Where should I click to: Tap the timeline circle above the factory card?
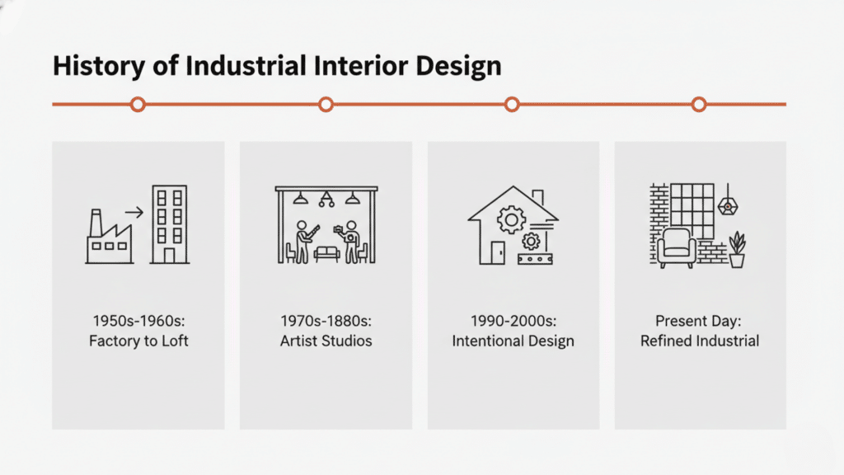pyautogui.click(x=138, y=105)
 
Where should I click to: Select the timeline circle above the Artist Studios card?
pyautogui.click(x=326, y=105)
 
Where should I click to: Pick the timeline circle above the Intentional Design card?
pyautogui.click(x=512, y=105)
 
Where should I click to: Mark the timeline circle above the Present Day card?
pyautogui.click(x=699, y=105)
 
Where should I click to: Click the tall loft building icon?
pyautogui.click(x=168, y=224)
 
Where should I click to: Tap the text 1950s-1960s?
pyautogui.click(x=138, y=321)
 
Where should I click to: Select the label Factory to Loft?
pyautogui.click(x=138, y=341)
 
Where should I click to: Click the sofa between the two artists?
pyautogui.click(x=326, y=254)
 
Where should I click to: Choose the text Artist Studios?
pyautogui.click(x=326, y=341)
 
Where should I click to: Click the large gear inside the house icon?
pyautogui.click(x=512, y=219)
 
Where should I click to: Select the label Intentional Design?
pyautogui.click(x=513, y=341)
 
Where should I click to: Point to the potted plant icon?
pyautogui.click(x=737, y=250)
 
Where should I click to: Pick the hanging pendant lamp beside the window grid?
pyautogui.click(x=726, y=204)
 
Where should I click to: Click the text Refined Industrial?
pyautogui.click(x=700, y=341)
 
